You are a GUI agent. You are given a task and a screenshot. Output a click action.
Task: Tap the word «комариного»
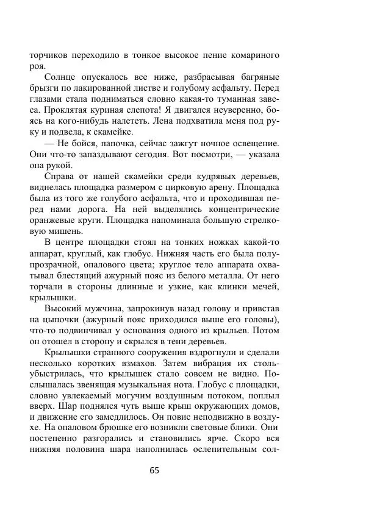[x=250, y=55]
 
